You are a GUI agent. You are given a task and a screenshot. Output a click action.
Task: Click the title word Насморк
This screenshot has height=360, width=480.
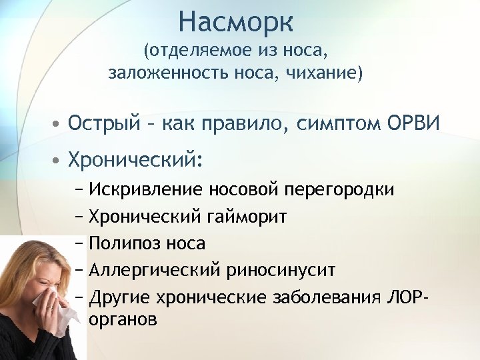click(x=236, y=23)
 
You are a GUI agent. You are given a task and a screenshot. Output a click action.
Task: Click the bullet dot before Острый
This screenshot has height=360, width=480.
click(x=59, y=125)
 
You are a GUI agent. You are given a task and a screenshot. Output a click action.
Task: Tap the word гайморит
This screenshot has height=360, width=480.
click(x=255, y=217)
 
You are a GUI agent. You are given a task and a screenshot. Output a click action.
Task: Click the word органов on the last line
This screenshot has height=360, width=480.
click(x=123, y=319)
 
